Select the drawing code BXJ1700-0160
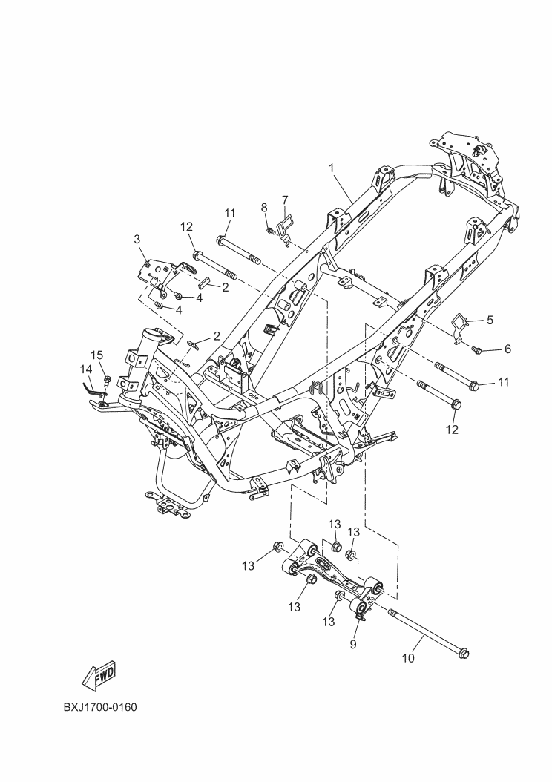(100, 707)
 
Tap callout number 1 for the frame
(331, 168)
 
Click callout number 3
(137, 240)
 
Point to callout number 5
(490, 320)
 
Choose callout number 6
(507, 349)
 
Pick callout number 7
(285, 200)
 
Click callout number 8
(264, 207)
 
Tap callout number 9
(353, 644)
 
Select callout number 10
(408, 658)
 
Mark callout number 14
(86, 369)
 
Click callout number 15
(96, 355)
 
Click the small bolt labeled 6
(477, 351)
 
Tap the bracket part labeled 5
(461, 328)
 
